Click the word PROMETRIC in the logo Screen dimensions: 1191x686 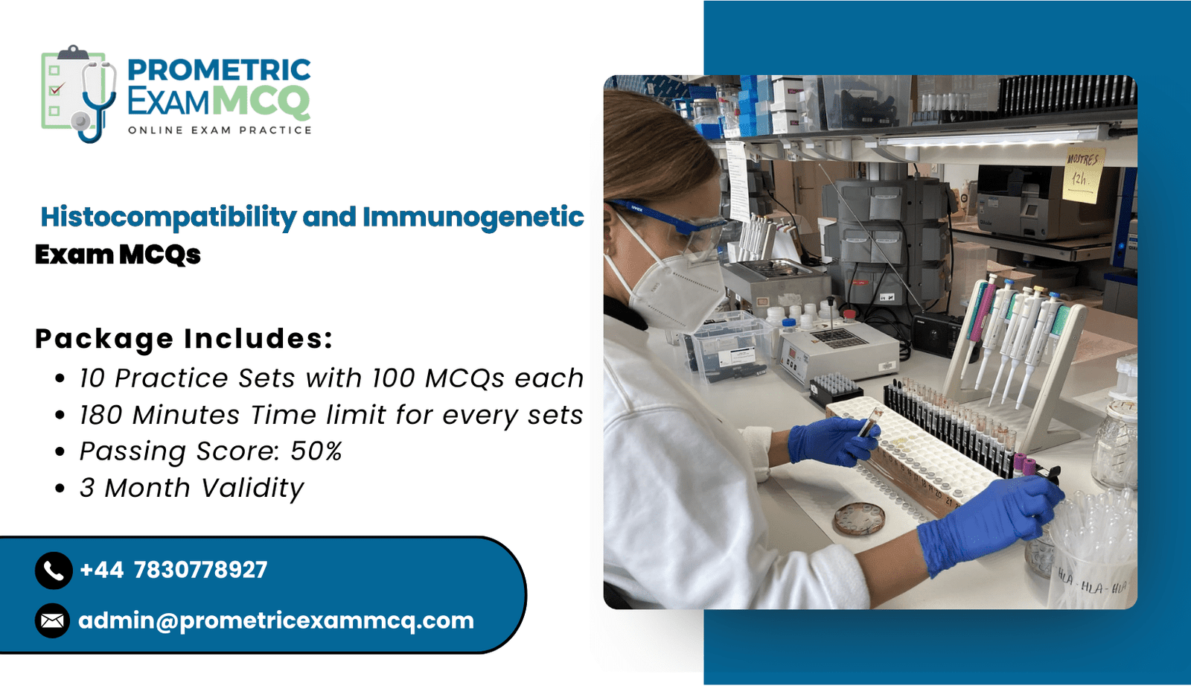click(x=219, y=70)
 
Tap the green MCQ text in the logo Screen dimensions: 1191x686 click(x=261, y=101)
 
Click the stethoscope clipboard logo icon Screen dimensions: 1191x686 click(x=79, y=94)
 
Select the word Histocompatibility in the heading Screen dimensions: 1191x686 click(x=168, y=217)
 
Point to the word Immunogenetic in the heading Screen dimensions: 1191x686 click(x=473, y=217)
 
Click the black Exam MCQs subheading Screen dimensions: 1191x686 click(x=118, y=255)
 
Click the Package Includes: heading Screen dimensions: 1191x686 click(x=184, y=338)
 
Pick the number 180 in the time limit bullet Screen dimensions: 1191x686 click(x=101, y=415)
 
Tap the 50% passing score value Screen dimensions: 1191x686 click(x=316, y=451)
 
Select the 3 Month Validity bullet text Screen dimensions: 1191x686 click(x=191, y=487)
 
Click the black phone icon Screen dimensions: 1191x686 click(x=54, y=571)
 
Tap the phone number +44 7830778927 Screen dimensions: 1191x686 click(x=173, y=570)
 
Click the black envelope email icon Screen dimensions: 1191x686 click(x=53, y=620)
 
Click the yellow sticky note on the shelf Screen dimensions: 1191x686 click(x=1082, y=174)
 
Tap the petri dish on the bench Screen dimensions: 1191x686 click(x=860, y=519)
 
